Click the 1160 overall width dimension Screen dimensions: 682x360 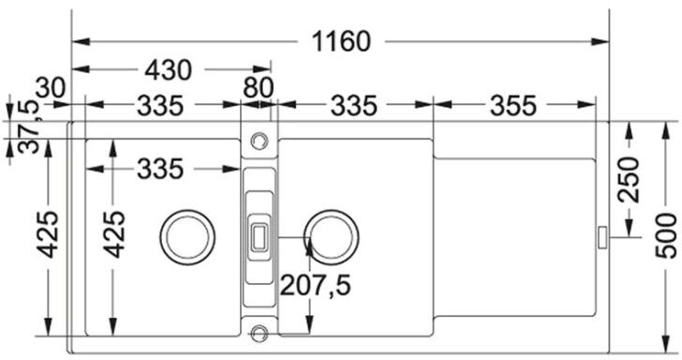click(341, 42)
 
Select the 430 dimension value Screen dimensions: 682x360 click(168, 69)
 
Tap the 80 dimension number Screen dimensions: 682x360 click(259, 87)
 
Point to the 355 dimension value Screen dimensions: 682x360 click(513, 105)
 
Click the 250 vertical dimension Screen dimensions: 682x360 click(629, 179)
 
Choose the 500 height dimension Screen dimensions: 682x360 click(666, 235)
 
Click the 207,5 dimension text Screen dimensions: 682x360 click(315, 286)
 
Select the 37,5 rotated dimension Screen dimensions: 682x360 click(28, 127)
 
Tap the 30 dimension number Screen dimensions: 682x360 click(51, 87)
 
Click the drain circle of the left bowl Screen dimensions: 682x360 click(187, 237)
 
